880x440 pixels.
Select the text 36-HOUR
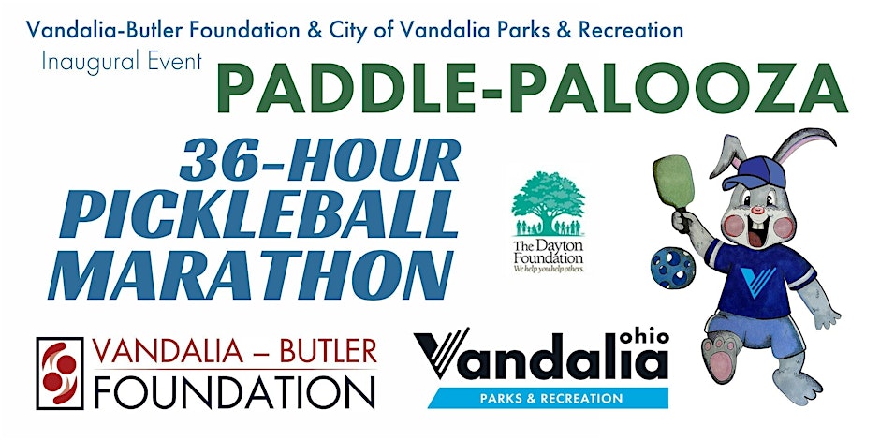320,160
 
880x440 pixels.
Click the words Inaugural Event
122,61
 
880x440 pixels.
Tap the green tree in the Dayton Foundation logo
549,203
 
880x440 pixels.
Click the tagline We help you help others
549,269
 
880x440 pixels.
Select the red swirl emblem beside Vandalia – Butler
60,374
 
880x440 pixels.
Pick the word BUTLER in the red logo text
329,352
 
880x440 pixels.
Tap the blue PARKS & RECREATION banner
548,399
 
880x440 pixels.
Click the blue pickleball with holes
673,268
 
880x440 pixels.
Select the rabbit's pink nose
758,211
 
